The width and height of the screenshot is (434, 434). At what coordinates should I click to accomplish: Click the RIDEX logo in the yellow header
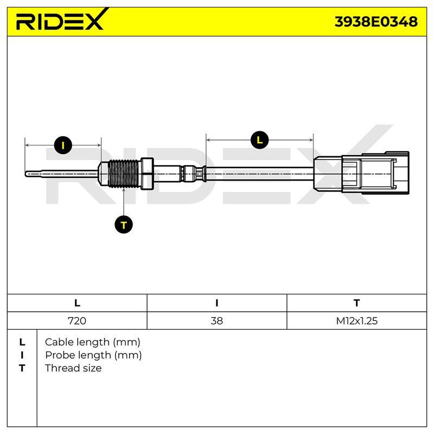click(61, 20)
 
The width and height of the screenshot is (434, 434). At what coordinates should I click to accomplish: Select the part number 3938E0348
click(376, 22)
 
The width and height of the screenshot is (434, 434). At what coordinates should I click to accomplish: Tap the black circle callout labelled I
click(63, 145)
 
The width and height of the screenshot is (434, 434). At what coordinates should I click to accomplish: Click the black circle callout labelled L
click(260, 140)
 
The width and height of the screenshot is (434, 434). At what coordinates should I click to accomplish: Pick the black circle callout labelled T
click(124, 225)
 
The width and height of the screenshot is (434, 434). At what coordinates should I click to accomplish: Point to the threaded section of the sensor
click(124, 174)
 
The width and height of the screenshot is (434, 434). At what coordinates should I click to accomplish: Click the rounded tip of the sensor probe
click(27, 174)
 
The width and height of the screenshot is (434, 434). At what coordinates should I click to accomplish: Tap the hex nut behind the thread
click(147, 174)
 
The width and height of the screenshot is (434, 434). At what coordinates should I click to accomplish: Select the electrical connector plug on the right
click(361, 172)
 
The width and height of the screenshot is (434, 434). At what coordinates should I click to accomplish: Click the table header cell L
click(77, 303)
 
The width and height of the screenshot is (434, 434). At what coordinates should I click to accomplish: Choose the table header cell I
click(216, 303)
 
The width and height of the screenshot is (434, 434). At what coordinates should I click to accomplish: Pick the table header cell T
click(356, 303)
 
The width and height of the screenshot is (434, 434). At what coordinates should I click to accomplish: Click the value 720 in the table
click(77, 321)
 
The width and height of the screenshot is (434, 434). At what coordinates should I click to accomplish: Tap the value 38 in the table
click(216, 321)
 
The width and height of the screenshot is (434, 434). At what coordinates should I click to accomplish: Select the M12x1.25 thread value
click(357, 321)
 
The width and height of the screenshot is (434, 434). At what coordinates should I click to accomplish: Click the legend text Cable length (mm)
click(92, 342)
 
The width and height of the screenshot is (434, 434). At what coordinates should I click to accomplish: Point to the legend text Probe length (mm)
click(93, 355)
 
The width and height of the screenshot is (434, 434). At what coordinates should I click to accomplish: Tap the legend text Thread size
click(73, 368)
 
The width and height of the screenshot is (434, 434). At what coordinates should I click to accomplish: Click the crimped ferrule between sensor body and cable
click(193, 174)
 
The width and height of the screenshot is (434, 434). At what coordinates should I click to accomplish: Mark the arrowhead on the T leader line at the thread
click(124, 190)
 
